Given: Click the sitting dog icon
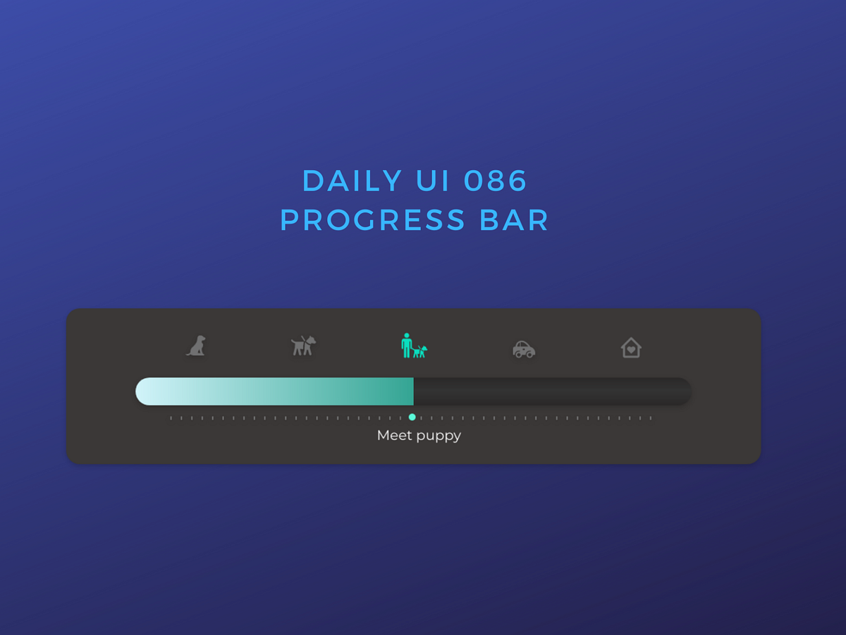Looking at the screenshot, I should (196, 346).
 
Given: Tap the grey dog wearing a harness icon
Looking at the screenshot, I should (303, 346).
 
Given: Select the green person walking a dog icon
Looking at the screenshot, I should (413, 346).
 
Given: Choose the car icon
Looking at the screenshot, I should (524, 349).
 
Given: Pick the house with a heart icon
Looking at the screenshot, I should (631, 347).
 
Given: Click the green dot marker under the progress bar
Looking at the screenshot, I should (412, 417).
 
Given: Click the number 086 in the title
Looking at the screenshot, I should (496, 181).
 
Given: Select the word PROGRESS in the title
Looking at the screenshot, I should (373, 220).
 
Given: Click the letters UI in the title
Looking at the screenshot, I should (433, 181).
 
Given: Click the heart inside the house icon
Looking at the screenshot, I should (631, 349).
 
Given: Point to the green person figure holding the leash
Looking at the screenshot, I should (406, 345).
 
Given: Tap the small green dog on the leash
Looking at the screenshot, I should (420, 351).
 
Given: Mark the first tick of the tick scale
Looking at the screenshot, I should (171, 418).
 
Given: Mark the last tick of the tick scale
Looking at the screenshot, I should (650, 418).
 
